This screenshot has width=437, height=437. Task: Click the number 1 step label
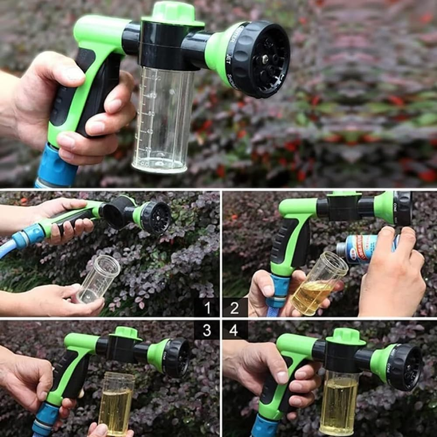click(x=207, y=308)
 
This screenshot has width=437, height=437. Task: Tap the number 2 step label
click(x=235, y=308)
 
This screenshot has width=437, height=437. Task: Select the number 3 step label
click(x=207, y=330)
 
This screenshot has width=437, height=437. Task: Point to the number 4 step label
click(x=234, y=330)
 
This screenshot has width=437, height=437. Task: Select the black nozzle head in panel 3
click(x=177, y=357)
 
